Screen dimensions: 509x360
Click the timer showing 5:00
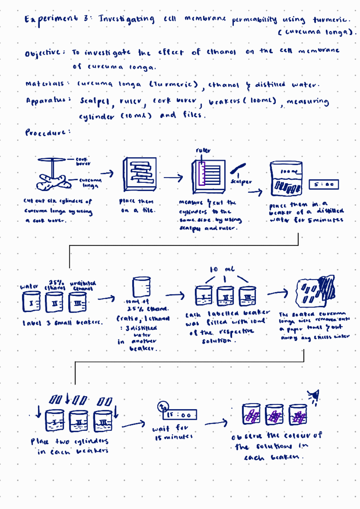(323, 184)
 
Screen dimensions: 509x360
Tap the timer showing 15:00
(179, 415)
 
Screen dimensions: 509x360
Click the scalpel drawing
(238, 168)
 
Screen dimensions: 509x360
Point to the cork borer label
(83, 161)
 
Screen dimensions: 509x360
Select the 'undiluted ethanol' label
(83, 286)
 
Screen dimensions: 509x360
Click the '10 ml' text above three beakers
(222, 269)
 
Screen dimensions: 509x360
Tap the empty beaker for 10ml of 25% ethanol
(141, 287)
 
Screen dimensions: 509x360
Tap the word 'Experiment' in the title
(51, 20)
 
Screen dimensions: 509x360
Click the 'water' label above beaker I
(29, 287)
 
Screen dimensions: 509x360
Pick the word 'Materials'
(45, 84)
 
